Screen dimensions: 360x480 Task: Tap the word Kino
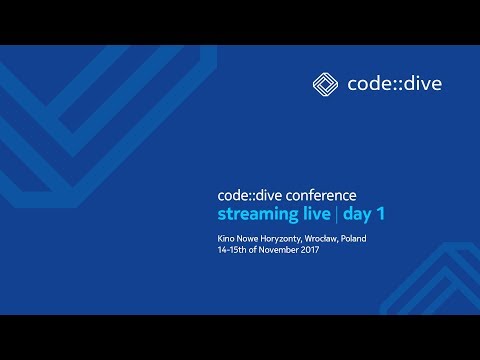[x=227, y=239]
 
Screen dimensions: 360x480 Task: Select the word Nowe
[x=251, y=239]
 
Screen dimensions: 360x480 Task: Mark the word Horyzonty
[x=290, y=239]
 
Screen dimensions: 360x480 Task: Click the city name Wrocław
[x=335, y=239]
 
